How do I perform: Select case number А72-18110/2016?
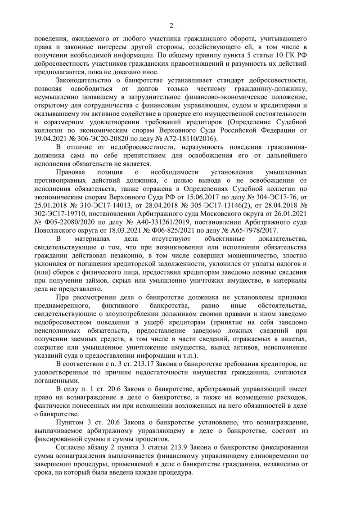coord(189,138)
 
